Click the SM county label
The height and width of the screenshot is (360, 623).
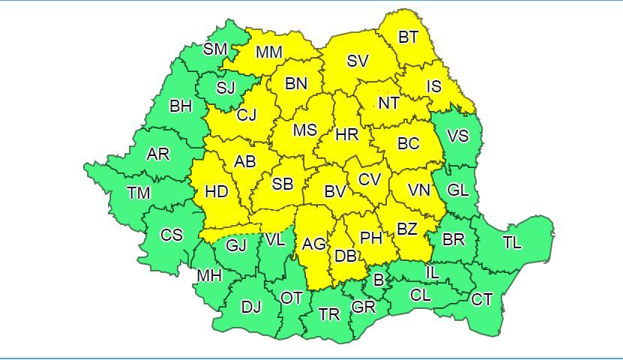tap(215, 49)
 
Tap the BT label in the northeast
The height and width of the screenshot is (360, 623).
tap(408, 37)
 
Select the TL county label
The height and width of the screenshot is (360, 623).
tap(512, 243)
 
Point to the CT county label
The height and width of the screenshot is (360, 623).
tap(482, 300)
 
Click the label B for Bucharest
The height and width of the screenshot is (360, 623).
tap(379, 280)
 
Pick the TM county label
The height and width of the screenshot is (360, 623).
tap(138, 193)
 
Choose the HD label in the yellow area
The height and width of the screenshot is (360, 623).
tap(216, 193)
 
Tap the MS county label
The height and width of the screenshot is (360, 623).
tap(304, 130)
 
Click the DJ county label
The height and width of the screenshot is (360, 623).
tap(251, 306)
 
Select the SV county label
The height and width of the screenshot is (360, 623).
tap(358, 61)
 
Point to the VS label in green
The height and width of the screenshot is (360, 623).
tap(457, 136)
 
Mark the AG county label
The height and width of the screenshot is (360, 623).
tap(313, 244)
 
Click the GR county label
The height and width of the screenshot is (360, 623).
tap(364, 307)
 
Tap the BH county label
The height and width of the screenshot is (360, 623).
tap(181, 106)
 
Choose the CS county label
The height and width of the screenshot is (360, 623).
tap(172, 235)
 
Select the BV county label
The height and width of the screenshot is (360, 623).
tap(334, 192)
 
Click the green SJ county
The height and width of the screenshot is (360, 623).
tap(226, 88)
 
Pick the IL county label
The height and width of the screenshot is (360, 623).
tap(433, 272)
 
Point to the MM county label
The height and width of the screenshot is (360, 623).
tap(268, 52)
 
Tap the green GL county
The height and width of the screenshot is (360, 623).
tap(457, 190)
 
